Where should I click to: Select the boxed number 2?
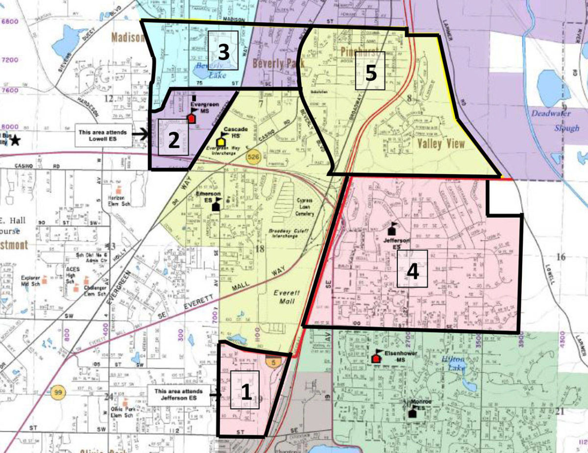point(173,140)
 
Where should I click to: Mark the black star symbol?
point(16,141)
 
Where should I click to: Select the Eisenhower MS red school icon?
point(376,357)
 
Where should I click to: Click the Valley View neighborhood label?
point(441,144)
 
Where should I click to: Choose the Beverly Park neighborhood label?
point(278,63)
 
